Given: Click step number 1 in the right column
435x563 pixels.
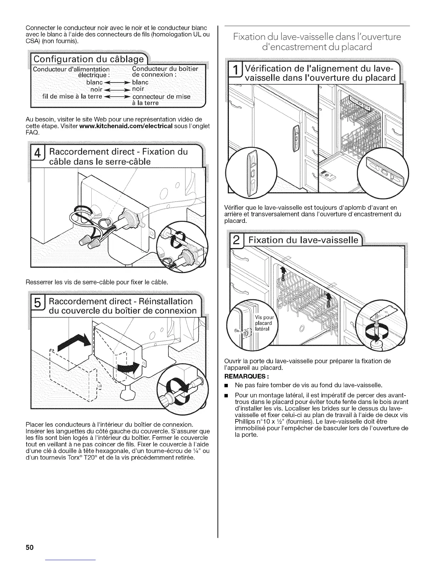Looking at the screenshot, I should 235,72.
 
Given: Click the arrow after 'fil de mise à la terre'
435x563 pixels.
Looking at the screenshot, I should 116,97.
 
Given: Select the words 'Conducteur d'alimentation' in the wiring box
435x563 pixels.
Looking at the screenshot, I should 71,69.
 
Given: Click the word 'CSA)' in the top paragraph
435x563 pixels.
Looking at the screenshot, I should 33,41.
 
